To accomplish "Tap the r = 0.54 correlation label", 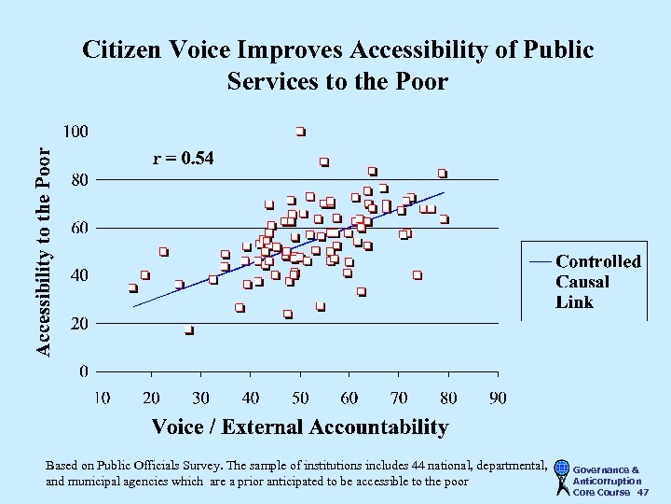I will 183,159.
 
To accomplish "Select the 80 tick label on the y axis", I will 79,179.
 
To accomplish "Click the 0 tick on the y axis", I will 84,371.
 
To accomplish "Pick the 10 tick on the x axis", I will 101,399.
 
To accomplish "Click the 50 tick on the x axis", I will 299,399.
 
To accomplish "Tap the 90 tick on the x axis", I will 498,399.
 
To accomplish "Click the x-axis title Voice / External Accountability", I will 299,427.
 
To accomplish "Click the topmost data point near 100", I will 300,131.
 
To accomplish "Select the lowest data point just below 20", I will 188,329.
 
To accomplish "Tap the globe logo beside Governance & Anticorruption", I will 561,473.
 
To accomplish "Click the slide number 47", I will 643,492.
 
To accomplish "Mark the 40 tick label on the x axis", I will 250,399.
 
